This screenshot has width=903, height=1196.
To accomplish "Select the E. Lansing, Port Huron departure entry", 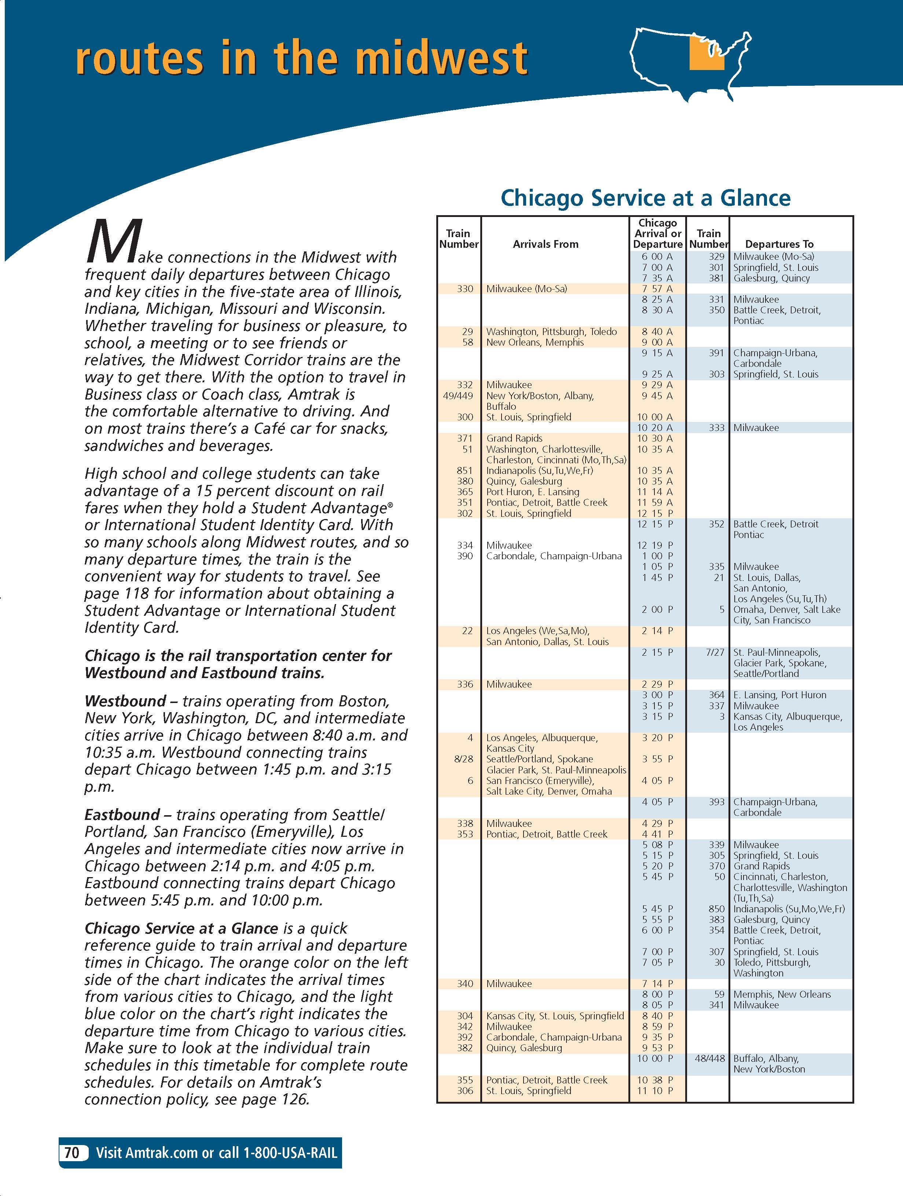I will [x=779, y=695].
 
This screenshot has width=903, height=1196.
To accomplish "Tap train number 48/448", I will [x=709, y=1059].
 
